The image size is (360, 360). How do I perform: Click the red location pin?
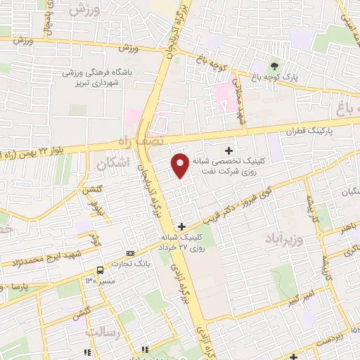click(x=181, y=165)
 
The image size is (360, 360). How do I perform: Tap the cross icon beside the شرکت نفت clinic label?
click(x=229, y=150)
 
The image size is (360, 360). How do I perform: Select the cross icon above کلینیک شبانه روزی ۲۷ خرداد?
click(x=182, y=226)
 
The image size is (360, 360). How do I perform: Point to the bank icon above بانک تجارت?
click(x=130, y=252)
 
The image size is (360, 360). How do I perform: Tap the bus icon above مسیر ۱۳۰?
click(x=100, y=270)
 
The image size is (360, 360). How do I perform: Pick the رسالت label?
click(x=100, y=330)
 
